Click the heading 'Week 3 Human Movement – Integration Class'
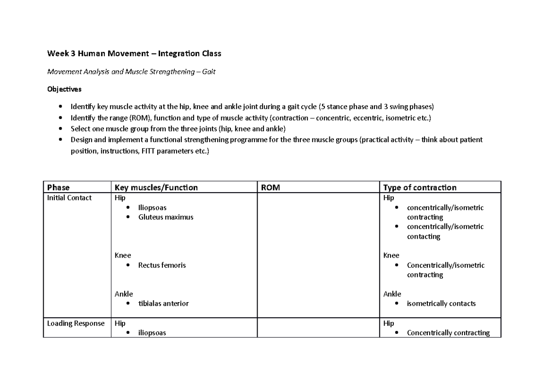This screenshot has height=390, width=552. [134, 54]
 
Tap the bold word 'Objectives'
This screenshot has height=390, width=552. [64, 89]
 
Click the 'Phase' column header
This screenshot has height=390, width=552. [58, 187]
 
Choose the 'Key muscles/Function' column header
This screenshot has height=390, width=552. [156, 187]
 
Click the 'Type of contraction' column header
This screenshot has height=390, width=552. [420, 187]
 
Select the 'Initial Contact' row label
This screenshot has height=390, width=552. [69, 198]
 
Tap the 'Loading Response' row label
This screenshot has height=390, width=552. [76, 323]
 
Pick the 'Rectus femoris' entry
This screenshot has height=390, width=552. [162, 265]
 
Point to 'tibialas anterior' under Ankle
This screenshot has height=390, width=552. [163, 304]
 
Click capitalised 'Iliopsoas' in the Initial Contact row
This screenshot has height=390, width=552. [152, 207]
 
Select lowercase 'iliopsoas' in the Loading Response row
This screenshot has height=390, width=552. [152, 333]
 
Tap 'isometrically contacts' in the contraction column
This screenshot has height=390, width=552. [441, 304]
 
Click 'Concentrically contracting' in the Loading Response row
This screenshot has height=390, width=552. [448, 333]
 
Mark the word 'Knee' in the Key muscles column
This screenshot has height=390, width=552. [123, 255]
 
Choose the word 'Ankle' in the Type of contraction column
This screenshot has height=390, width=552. [392, 294]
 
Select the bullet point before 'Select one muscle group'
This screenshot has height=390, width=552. [62, 129]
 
